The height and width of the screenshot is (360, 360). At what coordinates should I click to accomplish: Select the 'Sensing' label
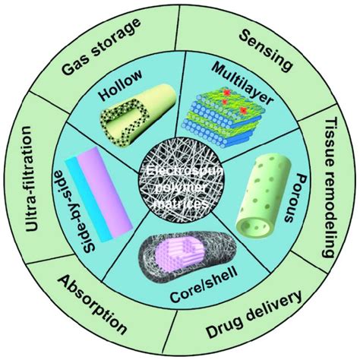pos(265,49)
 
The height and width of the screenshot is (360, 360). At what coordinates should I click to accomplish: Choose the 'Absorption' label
pos(90,307)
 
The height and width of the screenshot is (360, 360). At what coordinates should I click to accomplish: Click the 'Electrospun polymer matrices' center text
pos(180,183)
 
